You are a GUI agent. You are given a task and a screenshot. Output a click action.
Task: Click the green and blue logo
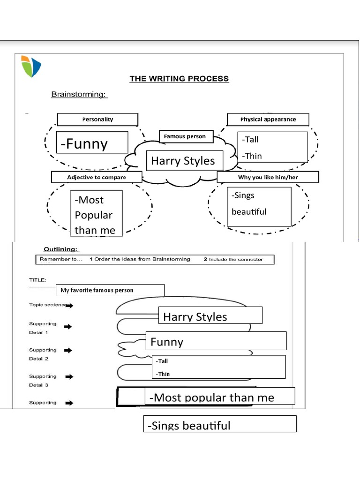click(x=31, y=66)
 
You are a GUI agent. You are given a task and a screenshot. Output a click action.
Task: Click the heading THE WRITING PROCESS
click(x=179, y=79)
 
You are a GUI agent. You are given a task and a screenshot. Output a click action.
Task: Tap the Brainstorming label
click(x=79, y=95)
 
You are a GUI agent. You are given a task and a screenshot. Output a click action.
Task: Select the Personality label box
click(x=97, y=120)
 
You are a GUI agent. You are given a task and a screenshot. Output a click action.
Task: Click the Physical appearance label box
click(x=268, y=120)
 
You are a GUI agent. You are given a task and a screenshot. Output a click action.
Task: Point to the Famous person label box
click(x=186, y=137)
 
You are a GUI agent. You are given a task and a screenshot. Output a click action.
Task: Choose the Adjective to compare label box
click(x=96, y=178)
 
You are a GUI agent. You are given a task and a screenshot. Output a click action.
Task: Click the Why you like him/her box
click(x=268, y=177)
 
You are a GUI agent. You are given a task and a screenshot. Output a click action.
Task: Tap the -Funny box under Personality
click(x=92, y=142)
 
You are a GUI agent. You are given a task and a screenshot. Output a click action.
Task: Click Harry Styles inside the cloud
click(x=183, y=161)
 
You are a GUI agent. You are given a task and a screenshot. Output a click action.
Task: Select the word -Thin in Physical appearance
click(x=252, y=156)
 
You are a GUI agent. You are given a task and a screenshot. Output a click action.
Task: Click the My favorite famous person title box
click(x=110, y=290)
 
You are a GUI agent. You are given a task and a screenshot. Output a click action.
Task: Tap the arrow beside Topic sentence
click(x=69, y=306)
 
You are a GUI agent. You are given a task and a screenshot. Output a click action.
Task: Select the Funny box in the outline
click(x=216, y=341)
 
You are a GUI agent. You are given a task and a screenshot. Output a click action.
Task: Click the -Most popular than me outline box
click(x=219, y=397)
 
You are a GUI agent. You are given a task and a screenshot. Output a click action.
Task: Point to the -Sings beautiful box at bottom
click(x=219, y=424)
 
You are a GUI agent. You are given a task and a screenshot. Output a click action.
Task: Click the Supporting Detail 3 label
click(x=43, y=380)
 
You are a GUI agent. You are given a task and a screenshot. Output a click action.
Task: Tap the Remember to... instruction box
click(x=155, y=259)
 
